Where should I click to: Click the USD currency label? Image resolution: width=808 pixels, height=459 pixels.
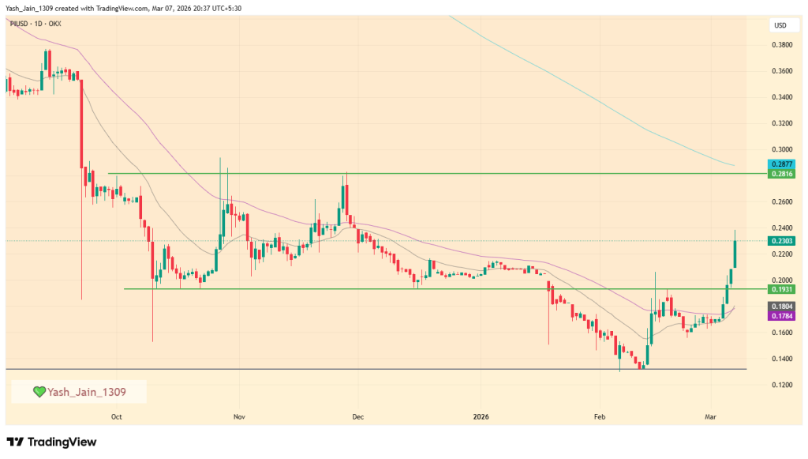coord(780,25)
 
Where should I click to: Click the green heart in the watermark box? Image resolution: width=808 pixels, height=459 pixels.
coord(38,391)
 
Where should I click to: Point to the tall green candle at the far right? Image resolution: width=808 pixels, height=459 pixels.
coord(735,253)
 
